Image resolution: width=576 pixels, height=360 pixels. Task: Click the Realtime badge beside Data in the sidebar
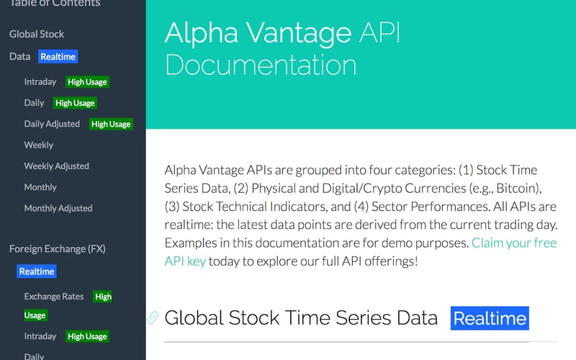58,56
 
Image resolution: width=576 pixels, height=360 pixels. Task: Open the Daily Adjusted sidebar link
52,124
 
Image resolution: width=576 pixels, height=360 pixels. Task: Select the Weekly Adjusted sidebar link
56,166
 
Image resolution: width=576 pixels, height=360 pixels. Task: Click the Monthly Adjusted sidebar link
58,208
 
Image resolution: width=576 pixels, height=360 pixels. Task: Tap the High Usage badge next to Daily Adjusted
111,124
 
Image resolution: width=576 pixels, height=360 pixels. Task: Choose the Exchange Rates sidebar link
54,296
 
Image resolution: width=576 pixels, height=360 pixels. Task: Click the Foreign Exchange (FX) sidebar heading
58,249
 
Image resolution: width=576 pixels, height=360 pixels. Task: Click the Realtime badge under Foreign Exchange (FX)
37,271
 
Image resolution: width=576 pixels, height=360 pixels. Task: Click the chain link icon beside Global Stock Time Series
153,317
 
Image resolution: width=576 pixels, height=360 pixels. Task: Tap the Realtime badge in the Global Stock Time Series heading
490,318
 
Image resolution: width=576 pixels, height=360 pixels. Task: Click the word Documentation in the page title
261,65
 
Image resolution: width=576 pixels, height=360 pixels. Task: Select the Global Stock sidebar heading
37,34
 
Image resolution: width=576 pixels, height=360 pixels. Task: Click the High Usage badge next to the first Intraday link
87,82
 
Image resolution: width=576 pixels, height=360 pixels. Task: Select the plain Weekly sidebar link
39,145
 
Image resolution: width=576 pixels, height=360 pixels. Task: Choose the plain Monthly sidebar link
40,187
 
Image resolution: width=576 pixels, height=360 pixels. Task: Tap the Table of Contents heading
54,4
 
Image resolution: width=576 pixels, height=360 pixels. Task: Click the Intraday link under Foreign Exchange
40,336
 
